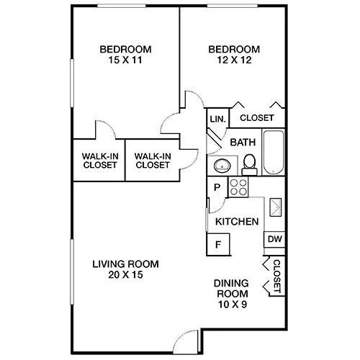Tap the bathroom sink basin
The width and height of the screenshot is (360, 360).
click(222, 166)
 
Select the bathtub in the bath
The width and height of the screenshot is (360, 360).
click(274, 152)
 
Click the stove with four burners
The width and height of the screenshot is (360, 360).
click(238, 187)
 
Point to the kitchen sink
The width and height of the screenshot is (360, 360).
click(276, 207)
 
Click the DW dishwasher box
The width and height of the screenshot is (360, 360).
click(274, 239)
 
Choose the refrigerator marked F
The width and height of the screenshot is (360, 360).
click(218, 245)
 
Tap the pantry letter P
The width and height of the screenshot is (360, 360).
click(217, 187)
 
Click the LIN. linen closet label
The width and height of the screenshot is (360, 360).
click(218, 119)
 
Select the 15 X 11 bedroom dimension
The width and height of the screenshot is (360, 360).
click(125, 60)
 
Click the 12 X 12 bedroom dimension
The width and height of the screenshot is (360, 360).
click(234, 60)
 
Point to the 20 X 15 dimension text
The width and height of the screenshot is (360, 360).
click(125, 274)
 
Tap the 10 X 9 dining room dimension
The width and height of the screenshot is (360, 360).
click(233, 305)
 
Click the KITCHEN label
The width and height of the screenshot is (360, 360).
click(237, 222)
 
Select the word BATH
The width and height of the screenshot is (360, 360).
click(243, 143)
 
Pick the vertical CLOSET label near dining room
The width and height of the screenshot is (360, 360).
click(276, 276)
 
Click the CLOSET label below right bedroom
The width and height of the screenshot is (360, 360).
click(257, 118)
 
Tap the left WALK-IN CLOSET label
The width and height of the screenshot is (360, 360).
click(100, 161)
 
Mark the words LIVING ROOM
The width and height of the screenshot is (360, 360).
click(126, 264)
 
